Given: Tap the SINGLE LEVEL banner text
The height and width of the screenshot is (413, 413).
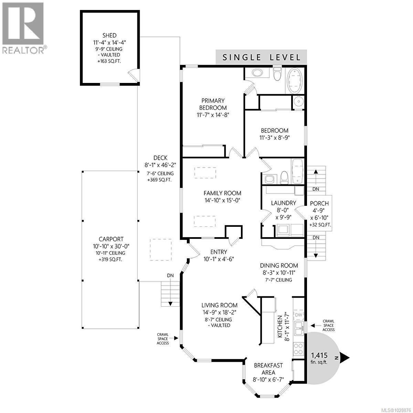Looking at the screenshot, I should [x=262, y=57].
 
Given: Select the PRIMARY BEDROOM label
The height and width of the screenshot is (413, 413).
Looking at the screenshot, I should [x=213, y=104].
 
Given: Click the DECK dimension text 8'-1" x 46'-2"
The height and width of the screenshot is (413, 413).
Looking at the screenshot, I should [x=160, y=165].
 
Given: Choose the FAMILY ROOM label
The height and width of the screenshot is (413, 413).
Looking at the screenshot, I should [x=222, y=193].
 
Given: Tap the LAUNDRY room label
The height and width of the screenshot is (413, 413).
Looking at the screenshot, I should [x=283, y=203].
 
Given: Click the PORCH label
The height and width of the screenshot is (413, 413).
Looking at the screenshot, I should [x=319, y=203].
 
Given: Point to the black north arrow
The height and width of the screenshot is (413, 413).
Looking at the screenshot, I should [x=345, y=358].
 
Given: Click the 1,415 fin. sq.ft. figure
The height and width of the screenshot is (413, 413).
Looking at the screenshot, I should [x=319, y=358].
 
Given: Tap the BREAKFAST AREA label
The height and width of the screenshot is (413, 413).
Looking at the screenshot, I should [x=268, y=369].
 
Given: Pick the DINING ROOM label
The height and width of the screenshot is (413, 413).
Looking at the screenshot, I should [x=278, y=265].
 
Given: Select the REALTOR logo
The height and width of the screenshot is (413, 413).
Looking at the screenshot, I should [x=23, y=28].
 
